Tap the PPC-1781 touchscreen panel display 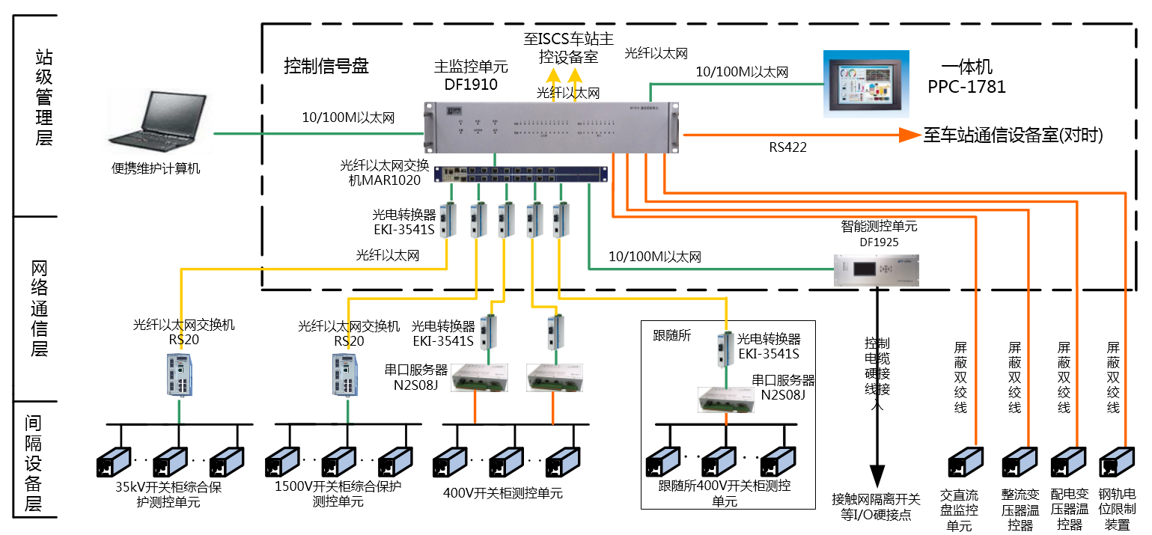click(866, 83)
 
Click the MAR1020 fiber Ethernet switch click(521, 174)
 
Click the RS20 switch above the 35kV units click(179, 374)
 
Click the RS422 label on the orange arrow click(787, 148)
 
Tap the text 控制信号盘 click(326, 66)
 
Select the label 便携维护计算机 click(156, 168)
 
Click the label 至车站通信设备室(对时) click(1014, 135)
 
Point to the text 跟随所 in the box click(671, 334)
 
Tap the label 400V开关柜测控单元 click(502, 493)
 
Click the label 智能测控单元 click(879, 225)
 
